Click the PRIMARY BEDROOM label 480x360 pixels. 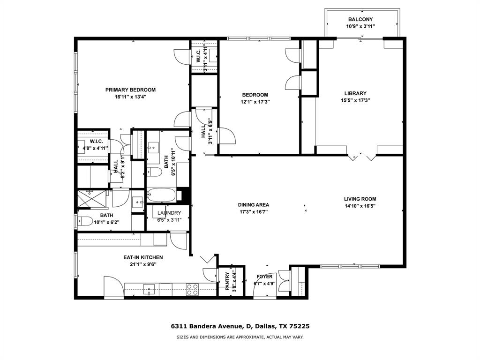click(x=130, y=90)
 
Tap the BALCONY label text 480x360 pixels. click(x=360, y=19)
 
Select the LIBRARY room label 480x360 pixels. click(x=355, y=93)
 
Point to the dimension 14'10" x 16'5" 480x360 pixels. click(x=360, y=205)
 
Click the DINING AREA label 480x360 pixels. click(x=253, y=205)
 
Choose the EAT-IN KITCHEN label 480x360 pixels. click(x=143, y=257)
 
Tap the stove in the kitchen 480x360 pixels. click(x=192, y=290)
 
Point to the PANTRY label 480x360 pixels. click(x=228, y=281)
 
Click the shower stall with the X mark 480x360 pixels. click(x=92, y=199)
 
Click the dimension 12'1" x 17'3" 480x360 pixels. click(x=255, y=101)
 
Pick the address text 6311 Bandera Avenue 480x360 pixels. click(x=206, y=326)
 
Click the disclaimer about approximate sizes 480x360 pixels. click(x=240, y=337)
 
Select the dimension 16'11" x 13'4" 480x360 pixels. click(x=130, y=97)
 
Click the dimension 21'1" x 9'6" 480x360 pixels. click(x=143, y=264)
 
